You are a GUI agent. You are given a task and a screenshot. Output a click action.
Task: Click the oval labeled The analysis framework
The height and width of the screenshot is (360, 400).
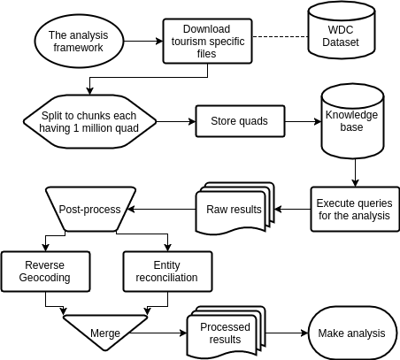79,41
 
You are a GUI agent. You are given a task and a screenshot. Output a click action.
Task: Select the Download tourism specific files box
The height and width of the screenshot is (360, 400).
208,41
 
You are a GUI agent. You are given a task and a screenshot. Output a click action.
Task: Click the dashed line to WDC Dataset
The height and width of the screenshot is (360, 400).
281,37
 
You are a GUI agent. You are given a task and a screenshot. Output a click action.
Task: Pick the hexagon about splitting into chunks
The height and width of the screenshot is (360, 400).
89,121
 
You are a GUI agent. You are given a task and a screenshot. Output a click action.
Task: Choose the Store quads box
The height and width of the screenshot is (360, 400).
240,121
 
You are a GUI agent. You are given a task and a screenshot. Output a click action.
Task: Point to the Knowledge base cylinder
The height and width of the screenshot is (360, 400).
352,121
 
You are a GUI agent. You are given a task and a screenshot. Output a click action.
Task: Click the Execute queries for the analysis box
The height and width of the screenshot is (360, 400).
355,209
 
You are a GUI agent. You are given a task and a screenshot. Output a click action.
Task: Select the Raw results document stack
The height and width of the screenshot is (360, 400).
235,208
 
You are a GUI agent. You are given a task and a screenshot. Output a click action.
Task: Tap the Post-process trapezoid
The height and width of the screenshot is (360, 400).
90,209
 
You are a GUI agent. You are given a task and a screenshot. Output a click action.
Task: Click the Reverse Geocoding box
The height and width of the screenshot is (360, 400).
45,272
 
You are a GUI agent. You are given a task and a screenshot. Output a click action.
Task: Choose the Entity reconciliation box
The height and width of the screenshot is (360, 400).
167,272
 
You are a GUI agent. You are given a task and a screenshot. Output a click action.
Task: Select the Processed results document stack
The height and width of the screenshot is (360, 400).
227,332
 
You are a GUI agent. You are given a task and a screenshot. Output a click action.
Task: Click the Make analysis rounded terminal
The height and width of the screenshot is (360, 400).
352,333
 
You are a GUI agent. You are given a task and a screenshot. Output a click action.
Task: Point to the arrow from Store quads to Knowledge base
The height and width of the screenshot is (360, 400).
304,121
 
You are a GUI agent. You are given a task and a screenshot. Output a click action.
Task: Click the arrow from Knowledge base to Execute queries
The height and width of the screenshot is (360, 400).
355,172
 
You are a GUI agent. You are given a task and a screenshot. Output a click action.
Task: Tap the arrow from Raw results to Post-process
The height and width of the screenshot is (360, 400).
161,209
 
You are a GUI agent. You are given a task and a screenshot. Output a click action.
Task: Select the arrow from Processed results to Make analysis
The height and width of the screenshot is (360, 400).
287,333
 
